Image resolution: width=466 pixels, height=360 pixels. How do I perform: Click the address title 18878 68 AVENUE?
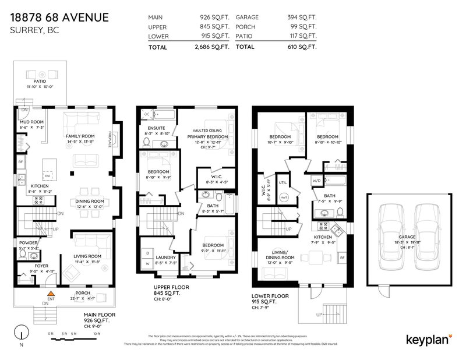coord(59,17)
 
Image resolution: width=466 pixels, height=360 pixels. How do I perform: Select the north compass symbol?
coord(22,335)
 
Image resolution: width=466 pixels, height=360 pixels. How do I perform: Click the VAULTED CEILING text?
coord(209,130)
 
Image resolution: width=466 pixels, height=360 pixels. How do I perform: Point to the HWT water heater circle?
coord(284,200)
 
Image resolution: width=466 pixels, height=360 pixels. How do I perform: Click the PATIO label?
coord(40,82)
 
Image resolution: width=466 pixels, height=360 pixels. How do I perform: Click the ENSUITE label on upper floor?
coord(157,128)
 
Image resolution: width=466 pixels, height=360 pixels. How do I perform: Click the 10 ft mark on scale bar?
coord(97,334)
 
